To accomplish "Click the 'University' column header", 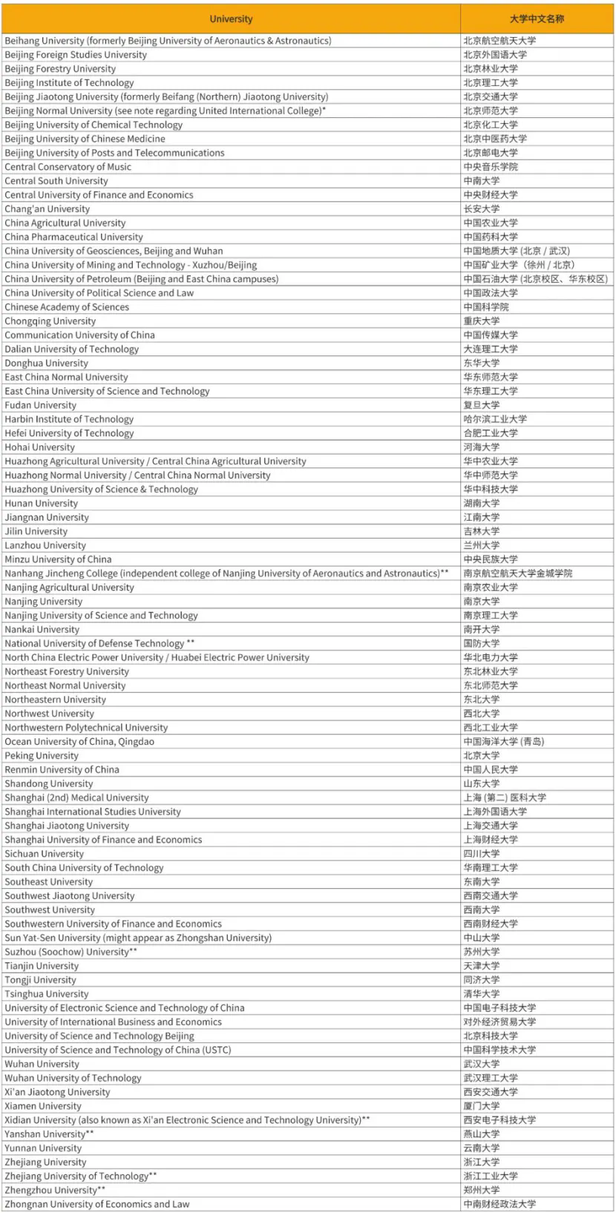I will [x=231, y=19].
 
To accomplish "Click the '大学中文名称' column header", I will [x=537, y=19].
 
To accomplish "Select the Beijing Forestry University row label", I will [x=60, y=69].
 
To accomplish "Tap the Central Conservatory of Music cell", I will [x=68, y=167].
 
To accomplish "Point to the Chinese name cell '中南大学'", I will [x=482, y=181].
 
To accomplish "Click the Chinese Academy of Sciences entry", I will [x=67, y=307].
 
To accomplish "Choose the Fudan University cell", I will [x=40, y=405].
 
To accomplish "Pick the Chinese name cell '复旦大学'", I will [x=482, y=405].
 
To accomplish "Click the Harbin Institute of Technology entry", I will [x=69, y=419].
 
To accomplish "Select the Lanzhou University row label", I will [x=45, y=545].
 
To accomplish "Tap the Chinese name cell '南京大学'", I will [x=482, y=602].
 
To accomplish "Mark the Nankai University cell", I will [x=42, y=630].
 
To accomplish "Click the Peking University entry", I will [x=42, y=756].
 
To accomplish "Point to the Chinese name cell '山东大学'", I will [x=482, y=784].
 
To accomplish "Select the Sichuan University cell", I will [x=45, y=854].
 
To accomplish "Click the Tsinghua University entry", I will [x=47, y=994].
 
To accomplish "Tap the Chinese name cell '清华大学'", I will [x=482, y=994].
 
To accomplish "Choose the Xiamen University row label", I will [x=43, y=1106].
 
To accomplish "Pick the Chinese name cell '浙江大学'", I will [x=482, y=1163].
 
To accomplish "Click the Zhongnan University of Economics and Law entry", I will [x=97, y=1204].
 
